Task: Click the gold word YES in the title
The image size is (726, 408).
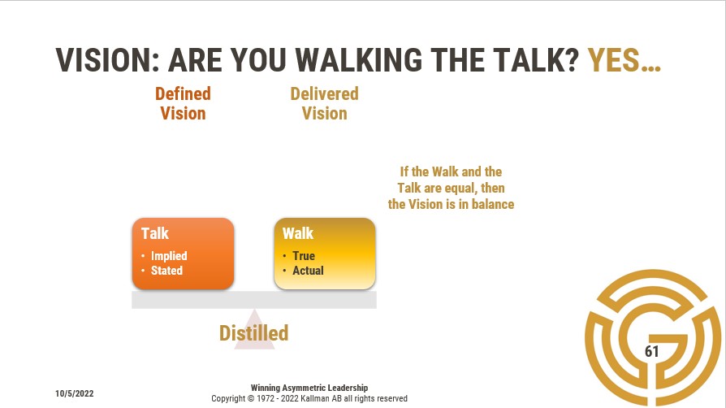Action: [613, 60]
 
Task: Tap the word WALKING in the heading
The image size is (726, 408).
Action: [358, 60]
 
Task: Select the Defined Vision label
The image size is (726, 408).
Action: [183, 103]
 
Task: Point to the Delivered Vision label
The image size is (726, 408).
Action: [324, 103]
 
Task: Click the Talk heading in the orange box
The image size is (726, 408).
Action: [154, 233]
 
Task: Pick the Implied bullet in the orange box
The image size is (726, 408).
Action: [169, 256]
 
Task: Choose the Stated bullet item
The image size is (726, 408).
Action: [166, 271]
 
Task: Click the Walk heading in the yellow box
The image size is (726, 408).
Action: [298, 233]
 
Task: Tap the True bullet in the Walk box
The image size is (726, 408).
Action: [304, 256]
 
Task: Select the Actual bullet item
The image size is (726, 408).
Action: [308, 271]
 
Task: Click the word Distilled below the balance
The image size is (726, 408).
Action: [253, 333]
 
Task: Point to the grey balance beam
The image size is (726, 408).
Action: [254, 300]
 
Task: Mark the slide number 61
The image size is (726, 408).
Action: [651, 351]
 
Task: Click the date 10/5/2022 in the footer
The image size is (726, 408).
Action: [74, 393]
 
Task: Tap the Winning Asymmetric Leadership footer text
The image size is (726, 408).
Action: [309, 388]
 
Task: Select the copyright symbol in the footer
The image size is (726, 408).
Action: [251, 398]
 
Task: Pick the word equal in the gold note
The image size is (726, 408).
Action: [460, 189]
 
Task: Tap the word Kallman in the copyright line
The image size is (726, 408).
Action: [315, 398]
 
